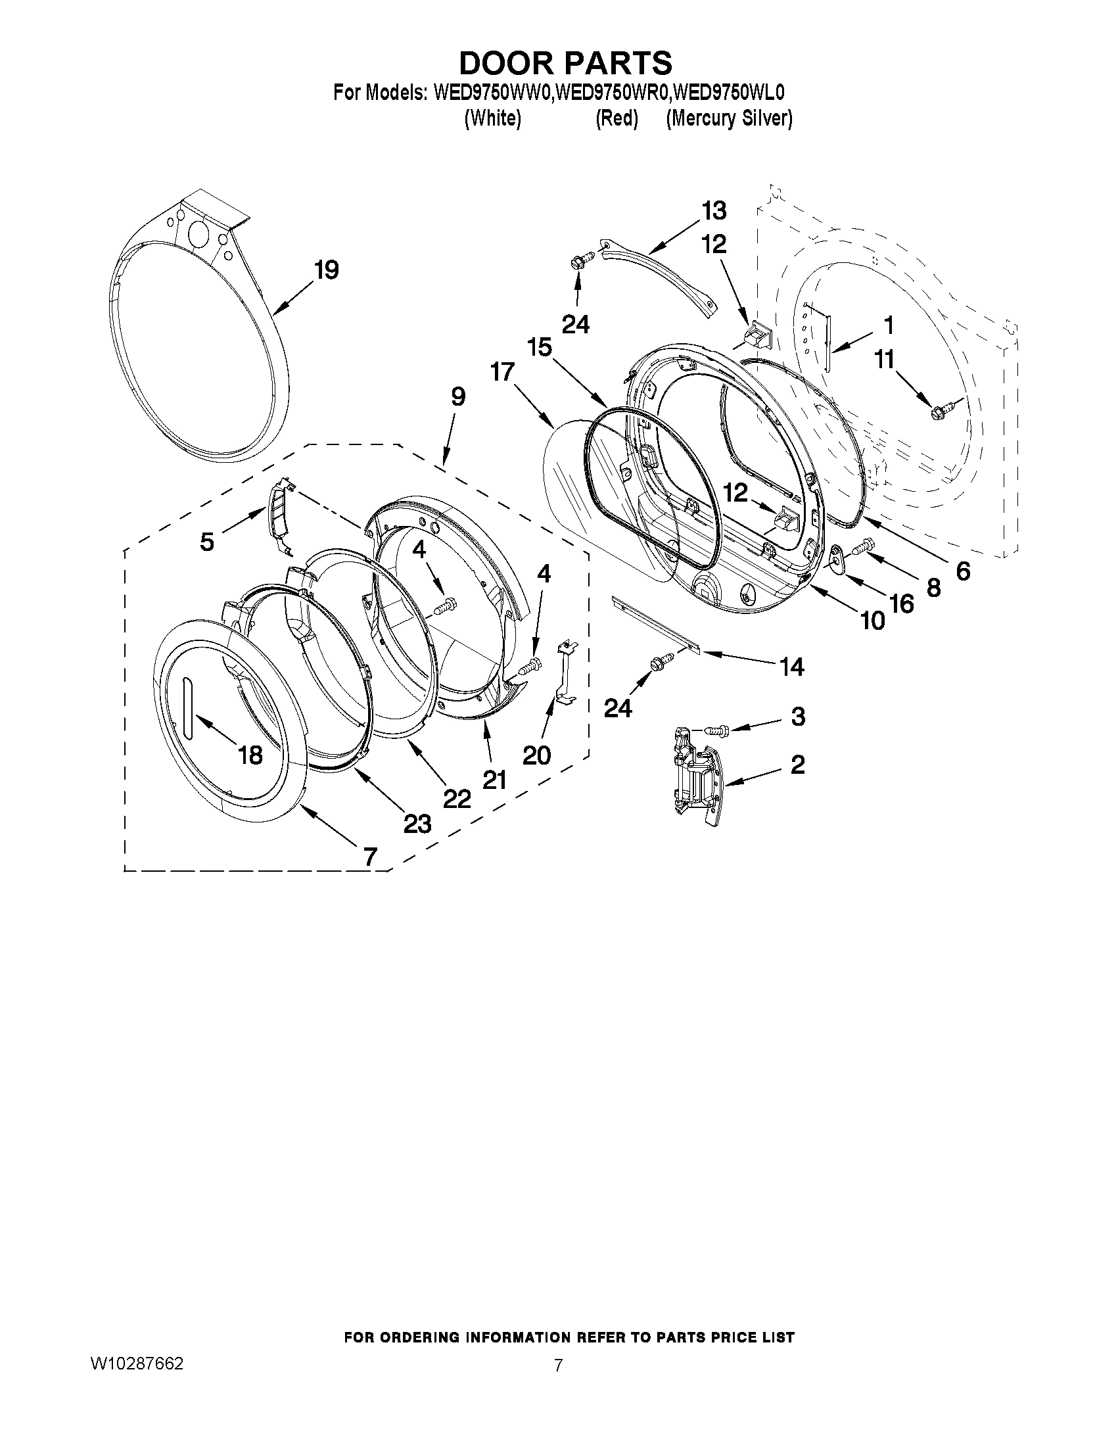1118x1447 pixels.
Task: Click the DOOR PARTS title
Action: [x=565, y=63]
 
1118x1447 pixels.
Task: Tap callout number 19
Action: [x=327, y=270]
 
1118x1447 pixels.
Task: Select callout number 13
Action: [x=714, y=210]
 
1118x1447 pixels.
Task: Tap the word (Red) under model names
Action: [x=616, y=118]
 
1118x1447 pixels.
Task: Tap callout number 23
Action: [x=417, y=824]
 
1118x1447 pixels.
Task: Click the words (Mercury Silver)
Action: [x=728, y=118]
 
